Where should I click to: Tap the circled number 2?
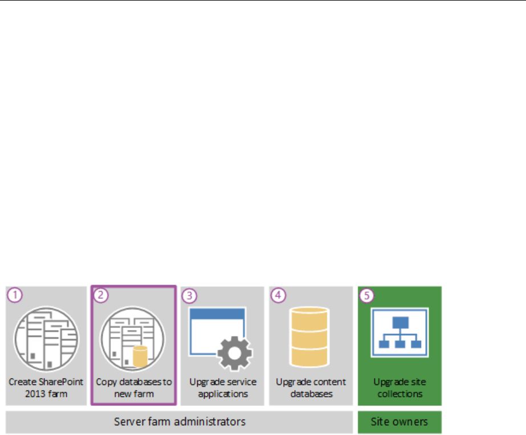point(100,295)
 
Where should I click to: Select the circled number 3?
point(189,295)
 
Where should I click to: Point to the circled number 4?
point(277,295)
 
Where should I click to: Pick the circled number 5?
point(366,295)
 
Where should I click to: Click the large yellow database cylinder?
point(309,336)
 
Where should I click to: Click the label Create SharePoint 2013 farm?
point(46,387)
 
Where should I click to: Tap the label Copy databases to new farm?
point(134,387)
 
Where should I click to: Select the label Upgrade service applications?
point(223,387)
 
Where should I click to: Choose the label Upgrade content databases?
point(311,387)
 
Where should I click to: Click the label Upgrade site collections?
point(399,387)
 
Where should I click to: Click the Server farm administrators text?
point(180,422)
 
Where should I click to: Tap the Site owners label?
point(399,422)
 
